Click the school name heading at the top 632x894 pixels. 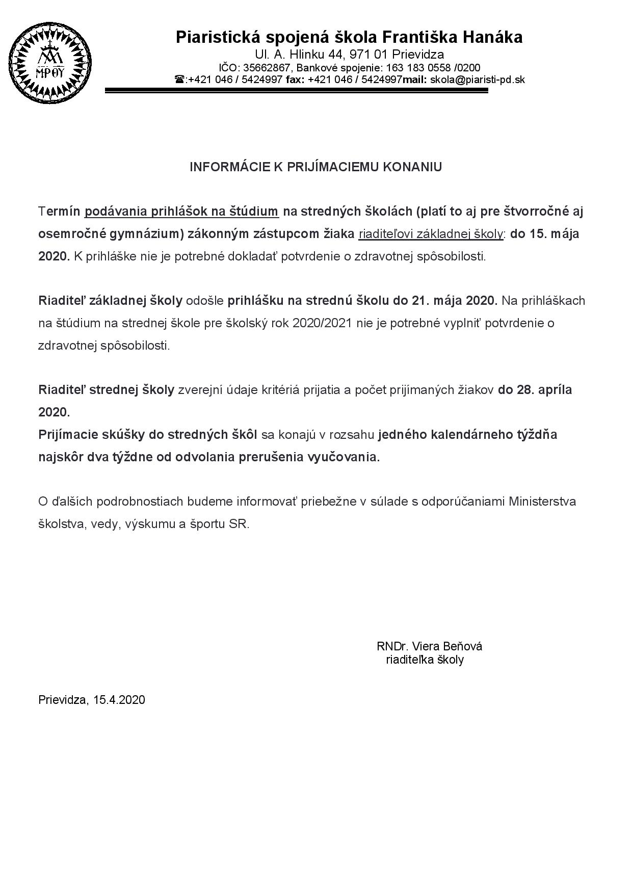pos(349,37)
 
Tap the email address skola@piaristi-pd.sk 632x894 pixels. pos(478,80)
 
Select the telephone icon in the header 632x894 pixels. pos(179,80)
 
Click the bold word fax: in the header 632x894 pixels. pos(295,80)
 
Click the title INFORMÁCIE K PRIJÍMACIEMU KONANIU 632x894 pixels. pos(315,167)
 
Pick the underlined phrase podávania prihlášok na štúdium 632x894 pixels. pos(181,211)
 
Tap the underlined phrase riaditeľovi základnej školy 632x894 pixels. pos(431,234)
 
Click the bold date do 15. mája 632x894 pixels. pos(545,234)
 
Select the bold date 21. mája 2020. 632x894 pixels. pos(454,300)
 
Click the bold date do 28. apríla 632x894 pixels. pos(535,390)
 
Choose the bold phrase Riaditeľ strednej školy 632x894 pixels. pos(107,390)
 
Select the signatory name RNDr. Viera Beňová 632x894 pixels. pos(429,646)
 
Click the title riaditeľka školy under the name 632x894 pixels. pos(425,660)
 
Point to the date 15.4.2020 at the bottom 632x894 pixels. pos(119,700)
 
